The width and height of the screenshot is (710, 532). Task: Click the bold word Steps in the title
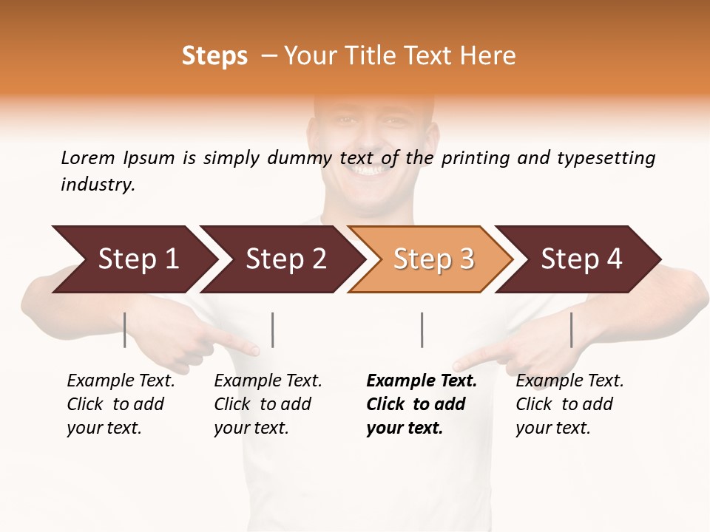[x=214, y=56]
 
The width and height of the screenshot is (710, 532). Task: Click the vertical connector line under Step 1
[x=124, y=330]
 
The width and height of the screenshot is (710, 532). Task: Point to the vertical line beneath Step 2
[x=273, y=330]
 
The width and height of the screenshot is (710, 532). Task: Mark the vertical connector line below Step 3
[x=422, y=330]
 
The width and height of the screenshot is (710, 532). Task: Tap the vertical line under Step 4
[x=571, y=330]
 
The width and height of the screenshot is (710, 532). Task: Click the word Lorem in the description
[x=87, y=157]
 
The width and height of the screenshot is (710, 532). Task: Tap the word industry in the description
[x=97, y=184]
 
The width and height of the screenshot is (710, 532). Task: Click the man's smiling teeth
[x=368, y=171]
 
